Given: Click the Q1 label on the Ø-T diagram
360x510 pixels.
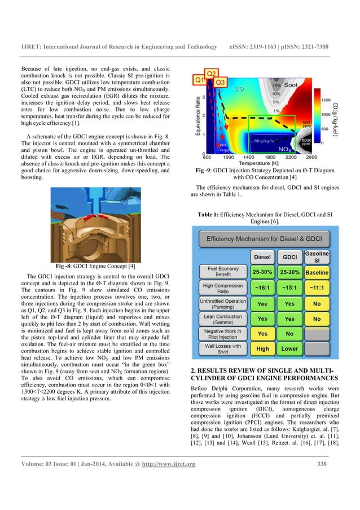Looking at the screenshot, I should tap(199, 80).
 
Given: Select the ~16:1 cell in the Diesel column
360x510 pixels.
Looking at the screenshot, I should tap(262, 287).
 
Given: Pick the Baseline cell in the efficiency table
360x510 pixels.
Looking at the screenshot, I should tap(317, 272).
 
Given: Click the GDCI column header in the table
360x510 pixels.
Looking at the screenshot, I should tap(289, 257).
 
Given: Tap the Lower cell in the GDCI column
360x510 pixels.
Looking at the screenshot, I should tap(289, 348).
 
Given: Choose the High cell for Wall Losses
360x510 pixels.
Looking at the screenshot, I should tap(262, 348).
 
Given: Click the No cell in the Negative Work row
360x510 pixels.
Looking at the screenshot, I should tap(289, 334).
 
